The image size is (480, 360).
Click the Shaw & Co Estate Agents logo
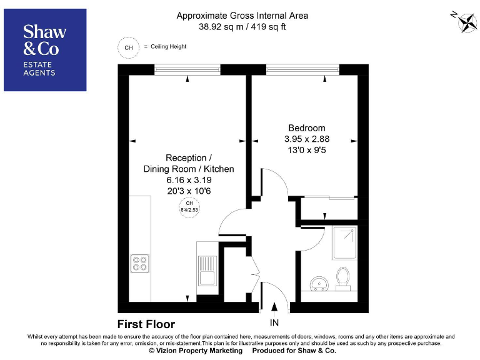(x=45, y=50)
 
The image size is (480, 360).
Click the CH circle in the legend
(x=129, y=47)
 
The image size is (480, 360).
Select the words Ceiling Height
(x=167, y=47)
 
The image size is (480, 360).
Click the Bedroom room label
(x=303, y=128)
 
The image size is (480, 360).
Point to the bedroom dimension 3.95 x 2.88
(x=303, y=139)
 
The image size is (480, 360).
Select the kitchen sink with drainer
(x=207, y=269)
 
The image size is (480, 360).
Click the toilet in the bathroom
(x=342, y=277)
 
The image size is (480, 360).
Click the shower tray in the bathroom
(x=344, y=242)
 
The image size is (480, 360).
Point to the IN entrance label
(x=274, y=323)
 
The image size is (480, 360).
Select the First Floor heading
(x=146, y=324)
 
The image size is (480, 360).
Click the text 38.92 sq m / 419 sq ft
(x=242, y=27)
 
